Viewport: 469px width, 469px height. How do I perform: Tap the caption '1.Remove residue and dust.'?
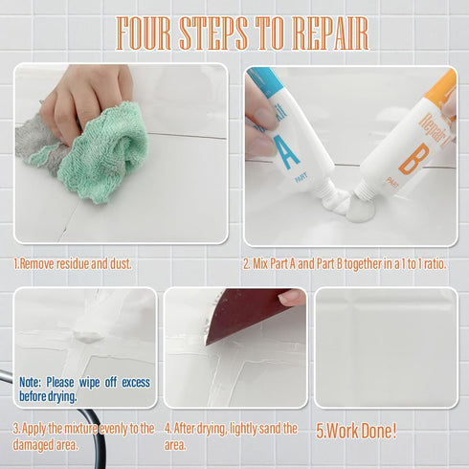pos(72,263)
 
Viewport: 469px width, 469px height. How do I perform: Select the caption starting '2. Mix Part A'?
pos(350,263)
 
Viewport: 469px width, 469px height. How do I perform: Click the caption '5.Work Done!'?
pos(355,431)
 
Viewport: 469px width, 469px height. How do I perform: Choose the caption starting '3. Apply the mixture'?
pos(81,435)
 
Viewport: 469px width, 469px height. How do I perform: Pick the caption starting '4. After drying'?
pos(230,435)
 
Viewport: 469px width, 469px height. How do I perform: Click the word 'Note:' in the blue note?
pos(30,382)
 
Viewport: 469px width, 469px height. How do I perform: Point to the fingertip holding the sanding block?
pos(292,298)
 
